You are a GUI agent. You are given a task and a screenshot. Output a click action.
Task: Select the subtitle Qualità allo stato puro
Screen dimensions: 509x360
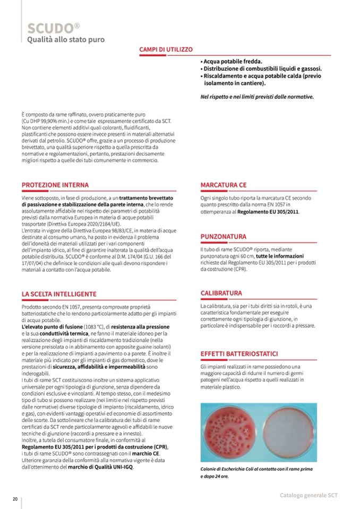pos(66,39)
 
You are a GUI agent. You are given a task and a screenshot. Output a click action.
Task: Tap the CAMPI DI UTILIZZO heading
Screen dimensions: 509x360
pos(166,49)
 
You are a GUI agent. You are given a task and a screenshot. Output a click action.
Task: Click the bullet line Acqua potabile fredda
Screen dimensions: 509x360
pos(232,62)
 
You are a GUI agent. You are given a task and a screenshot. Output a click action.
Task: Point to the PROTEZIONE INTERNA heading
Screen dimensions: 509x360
pos(55,185)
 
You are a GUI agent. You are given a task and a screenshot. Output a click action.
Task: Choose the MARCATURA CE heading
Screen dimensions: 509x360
pos(224,185)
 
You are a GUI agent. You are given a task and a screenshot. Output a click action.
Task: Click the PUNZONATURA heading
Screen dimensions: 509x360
pos(223,236)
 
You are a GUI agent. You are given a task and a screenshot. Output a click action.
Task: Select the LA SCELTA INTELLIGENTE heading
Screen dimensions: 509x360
pos(59,294)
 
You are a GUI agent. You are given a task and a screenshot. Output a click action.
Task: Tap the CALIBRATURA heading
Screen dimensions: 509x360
pos(221,293)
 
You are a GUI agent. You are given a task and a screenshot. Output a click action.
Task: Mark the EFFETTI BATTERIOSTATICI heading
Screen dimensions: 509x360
pos(239,354)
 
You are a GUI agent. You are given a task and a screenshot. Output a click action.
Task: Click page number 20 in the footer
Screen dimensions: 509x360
pos(16,498)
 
